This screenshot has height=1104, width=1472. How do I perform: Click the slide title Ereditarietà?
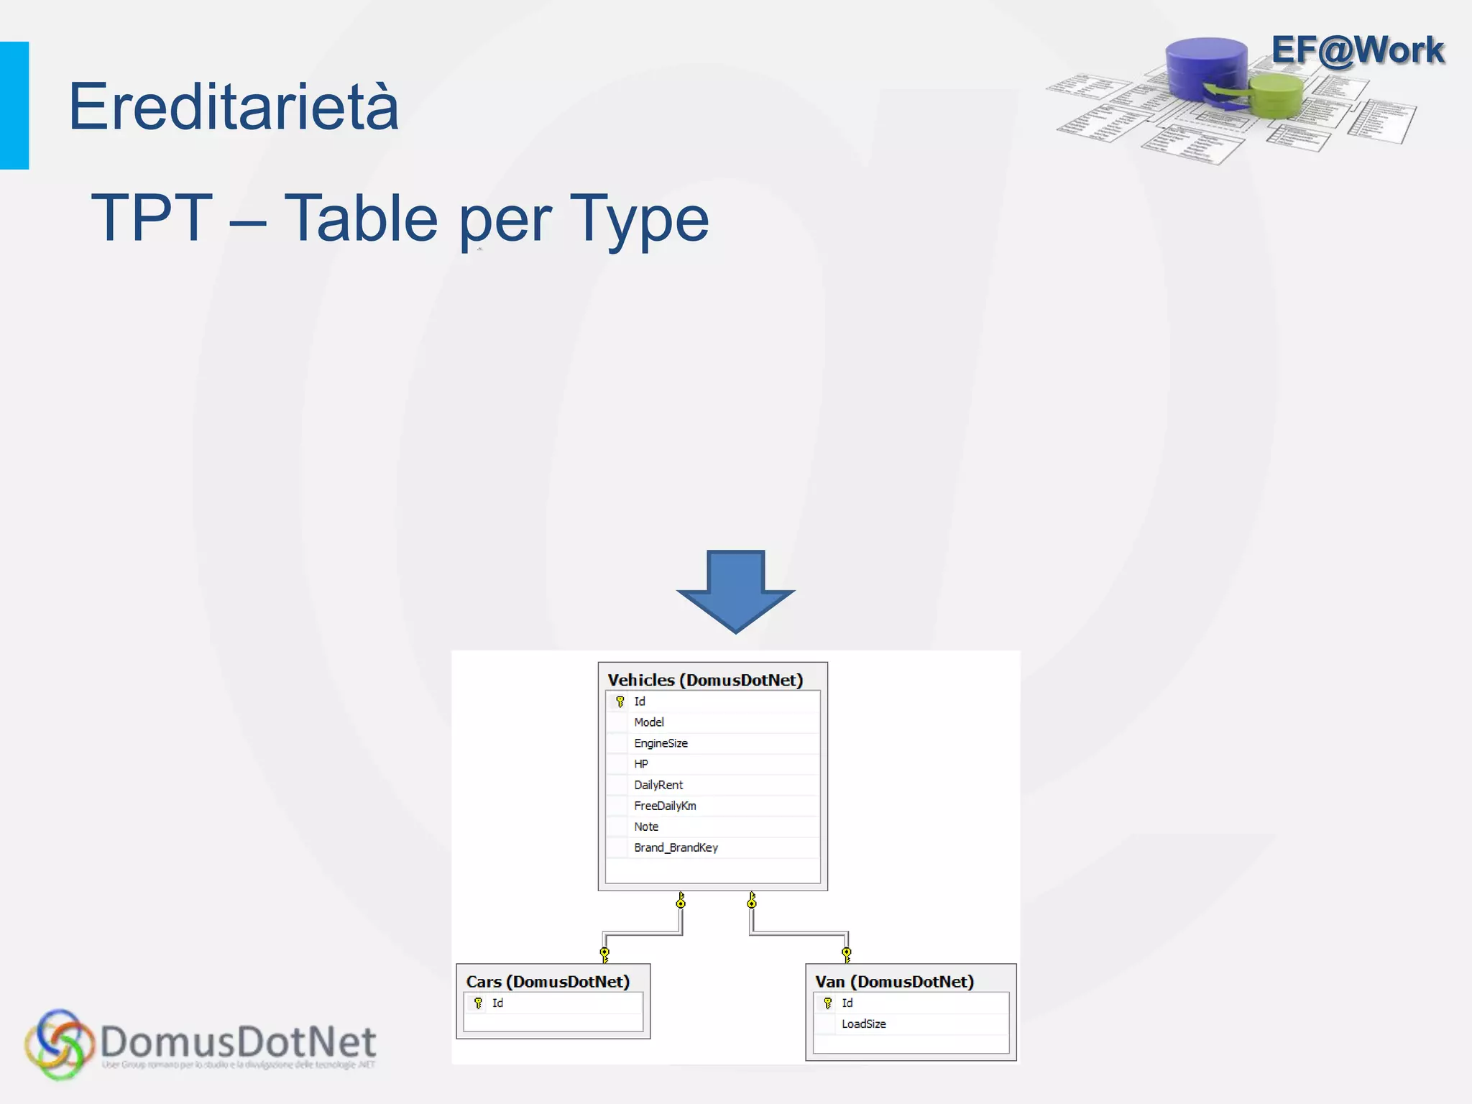point(233,106)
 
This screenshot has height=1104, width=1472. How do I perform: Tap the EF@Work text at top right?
point(1357,50)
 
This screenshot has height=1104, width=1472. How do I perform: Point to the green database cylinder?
point(1276,96)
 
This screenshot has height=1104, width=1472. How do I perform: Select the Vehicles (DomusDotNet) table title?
point(705,680)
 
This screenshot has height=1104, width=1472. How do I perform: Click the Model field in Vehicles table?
point(649,722)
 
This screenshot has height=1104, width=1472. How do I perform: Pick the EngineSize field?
point(661,743)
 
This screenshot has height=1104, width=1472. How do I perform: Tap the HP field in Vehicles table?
point(641,764)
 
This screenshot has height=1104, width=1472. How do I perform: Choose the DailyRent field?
point(658,785)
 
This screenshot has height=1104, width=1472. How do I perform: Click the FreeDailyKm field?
point(665,806)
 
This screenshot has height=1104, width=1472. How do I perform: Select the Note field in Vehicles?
point(646,827)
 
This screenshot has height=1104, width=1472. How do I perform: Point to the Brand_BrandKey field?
point(676,847)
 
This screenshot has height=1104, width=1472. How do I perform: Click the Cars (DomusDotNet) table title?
point(548,982)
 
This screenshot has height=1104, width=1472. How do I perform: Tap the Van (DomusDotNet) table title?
point(894,982)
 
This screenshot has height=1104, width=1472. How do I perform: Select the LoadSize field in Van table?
point(863,1023)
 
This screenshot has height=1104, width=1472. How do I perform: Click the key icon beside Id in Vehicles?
point(620,701)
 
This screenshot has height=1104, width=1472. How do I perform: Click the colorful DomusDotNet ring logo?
point(59,1044)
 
